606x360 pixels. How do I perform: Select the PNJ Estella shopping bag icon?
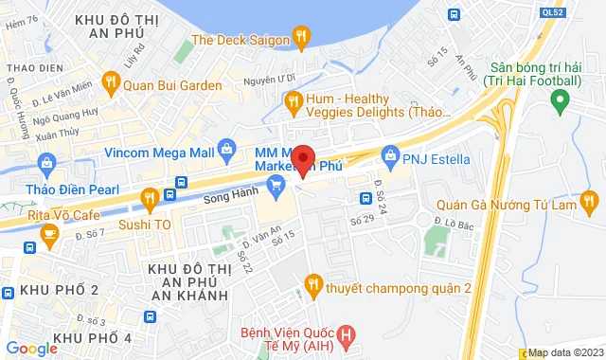click(x=389, y=152)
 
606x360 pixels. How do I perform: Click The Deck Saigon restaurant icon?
click(x=301, y=38)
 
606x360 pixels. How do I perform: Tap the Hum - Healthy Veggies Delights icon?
click(x=294, y=99)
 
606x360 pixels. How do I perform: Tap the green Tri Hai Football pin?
click(x=560, y=99)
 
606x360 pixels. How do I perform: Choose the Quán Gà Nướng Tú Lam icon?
click(x=590, y=201)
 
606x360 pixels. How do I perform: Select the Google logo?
click(x=31, y=349)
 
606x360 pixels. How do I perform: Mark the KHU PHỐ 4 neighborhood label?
click(x=92, y=338)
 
